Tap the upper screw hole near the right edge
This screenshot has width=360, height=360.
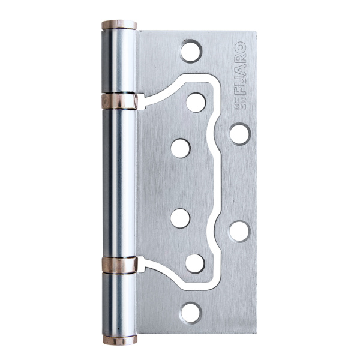(239, 133)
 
